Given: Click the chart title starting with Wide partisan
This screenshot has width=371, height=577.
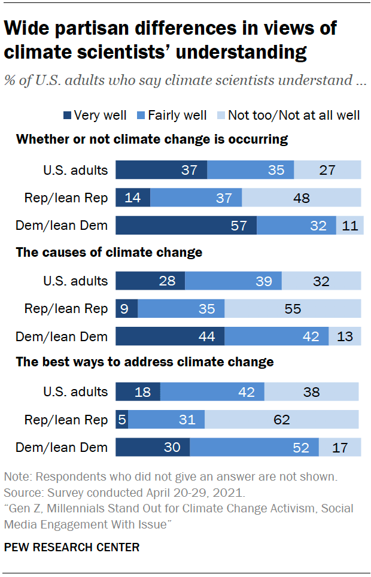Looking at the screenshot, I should pyautogui.click(x=171, y=40).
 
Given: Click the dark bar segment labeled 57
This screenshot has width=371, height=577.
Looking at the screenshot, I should pyautogui.click(x=185, y=225).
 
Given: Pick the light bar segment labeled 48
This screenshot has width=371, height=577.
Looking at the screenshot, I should pyautogui.click(x=302, y=198).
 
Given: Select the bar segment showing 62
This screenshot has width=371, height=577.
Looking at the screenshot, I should pyautogui.click(x=281, y=420).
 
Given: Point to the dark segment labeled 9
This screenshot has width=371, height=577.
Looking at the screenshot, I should pyautogui.click(x=126, y=309).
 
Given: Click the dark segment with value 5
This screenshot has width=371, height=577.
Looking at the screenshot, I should pyautogui.click(x=121, y=420).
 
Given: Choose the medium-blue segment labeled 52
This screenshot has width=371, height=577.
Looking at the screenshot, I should pyautogui.click(x=254, y=447).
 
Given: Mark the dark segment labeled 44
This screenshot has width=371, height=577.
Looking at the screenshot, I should pyautogui.click(x=169, y=336).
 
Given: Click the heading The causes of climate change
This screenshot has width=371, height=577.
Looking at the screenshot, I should pyautogui.click(x=109, y=252).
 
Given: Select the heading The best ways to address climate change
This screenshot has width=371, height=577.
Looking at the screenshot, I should pyautogui.click(x=145, y=362).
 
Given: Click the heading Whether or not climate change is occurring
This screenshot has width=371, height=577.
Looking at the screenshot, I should pyautogui.click(x=152, y=139).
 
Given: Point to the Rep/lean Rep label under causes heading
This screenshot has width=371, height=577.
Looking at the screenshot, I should pyautogui.click(x=66, y=309).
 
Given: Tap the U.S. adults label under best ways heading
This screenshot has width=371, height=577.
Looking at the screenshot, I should pyautogui.click(x=75, y=392).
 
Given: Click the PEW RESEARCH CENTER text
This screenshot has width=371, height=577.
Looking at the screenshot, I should pyautogui.click(x=72, y=547).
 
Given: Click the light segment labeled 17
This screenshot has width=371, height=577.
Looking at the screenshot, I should pyautogui.click(x=340, y=447).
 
